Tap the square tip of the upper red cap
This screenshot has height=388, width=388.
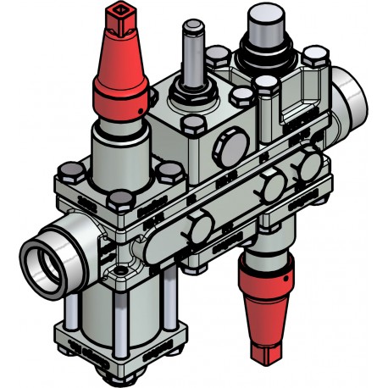[116, 14]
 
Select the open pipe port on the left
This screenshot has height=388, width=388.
[38, 259]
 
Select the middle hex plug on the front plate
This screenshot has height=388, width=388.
[270, 187]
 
